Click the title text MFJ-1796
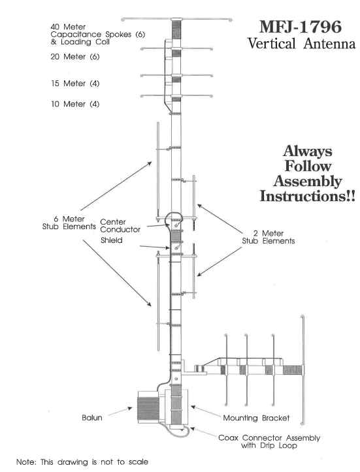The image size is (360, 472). (301, 27)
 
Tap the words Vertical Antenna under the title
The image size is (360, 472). (301, 44)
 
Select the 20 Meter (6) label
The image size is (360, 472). (75, 57)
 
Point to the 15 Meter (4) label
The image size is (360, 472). (75, 84)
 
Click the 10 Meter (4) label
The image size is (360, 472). (75, 104)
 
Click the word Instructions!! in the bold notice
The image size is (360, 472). (308, 197)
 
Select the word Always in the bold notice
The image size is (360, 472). (308, 151)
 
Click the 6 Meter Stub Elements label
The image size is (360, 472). (69, 223)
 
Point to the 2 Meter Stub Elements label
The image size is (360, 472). (269, 237)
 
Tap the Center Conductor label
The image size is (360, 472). (120, 226)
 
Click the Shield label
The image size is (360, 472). (112, 240)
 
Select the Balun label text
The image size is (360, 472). (92, 418)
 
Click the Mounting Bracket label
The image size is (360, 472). (256, 418)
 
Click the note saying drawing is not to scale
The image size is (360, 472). (82, 462)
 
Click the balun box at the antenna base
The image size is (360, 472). (148, 407)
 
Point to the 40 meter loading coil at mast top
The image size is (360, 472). (176, 29)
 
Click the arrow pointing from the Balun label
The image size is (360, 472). (120, 411)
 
